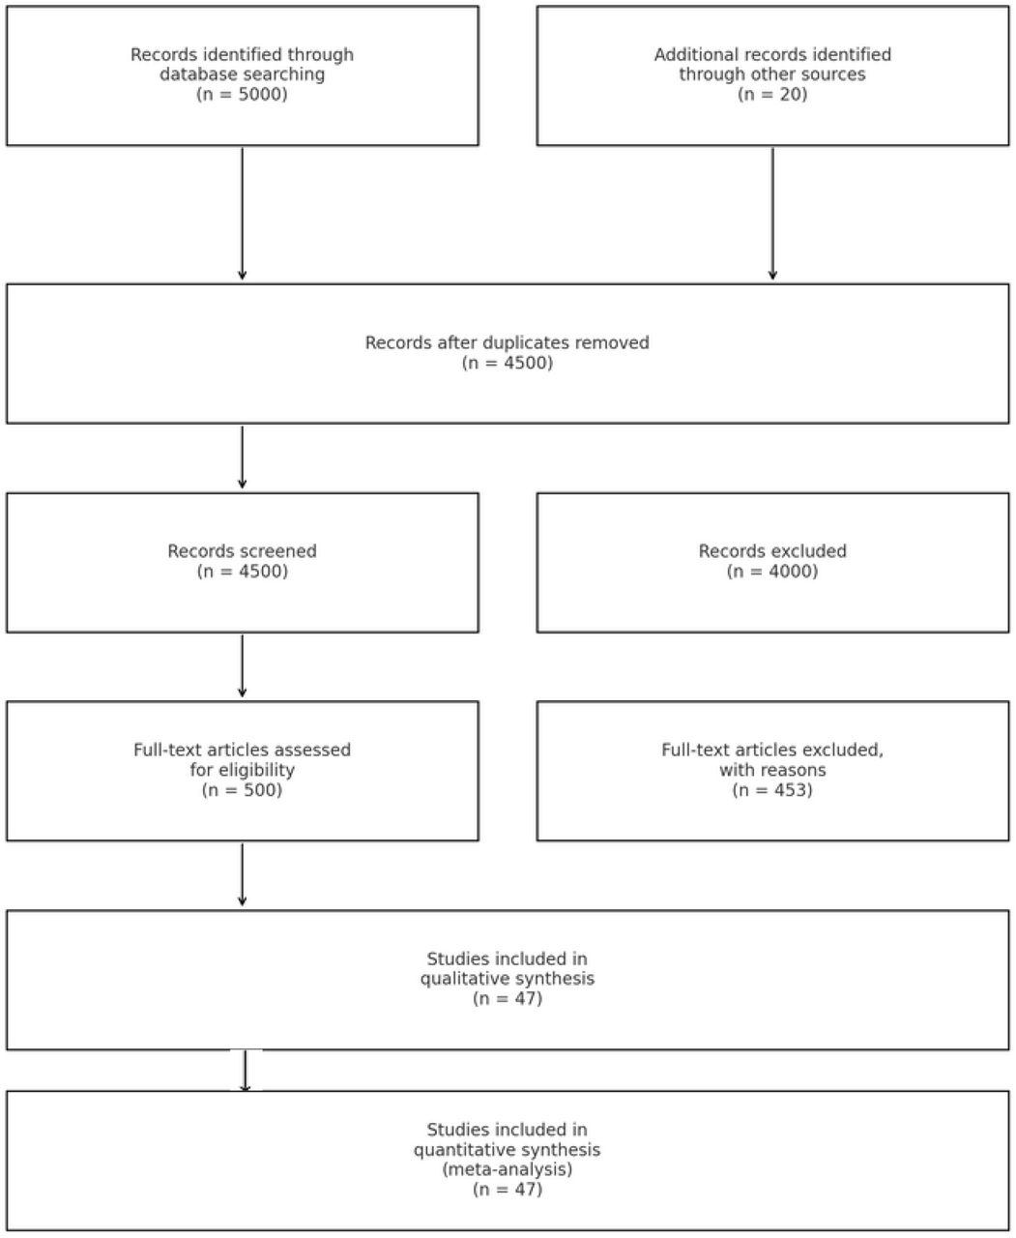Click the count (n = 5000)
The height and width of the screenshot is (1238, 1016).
(x=243, y=95)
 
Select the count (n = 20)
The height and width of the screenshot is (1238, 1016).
(x=772, y=95)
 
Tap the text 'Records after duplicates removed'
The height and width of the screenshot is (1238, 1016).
(x=508, y=342)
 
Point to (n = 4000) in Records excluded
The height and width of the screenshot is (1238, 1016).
(x=772, y=572)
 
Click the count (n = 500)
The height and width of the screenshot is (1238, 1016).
(x=243, y=790)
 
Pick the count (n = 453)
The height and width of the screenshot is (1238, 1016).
(x=772, y=790)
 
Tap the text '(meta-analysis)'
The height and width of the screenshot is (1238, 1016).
(x=508, y=1169)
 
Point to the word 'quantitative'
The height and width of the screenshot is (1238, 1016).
(x=459, y=1149)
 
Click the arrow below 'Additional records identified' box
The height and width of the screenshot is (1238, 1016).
(x=772, y=214)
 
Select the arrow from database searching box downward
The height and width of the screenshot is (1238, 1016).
(x=243, y=214)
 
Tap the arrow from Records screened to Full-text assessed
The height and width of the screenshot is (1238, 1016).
(x=243, y=666)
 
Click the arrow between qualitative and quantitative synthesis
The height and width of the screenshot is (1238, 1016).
(x=246, y=1072)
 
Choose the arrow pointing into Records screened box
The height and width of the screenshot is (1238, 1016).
(x=243, y=457)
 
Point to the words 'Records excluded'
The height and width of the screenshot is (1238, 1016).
(x=772, y=551)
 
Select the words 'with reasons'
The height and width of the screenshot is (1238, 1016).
(x=772, y=770)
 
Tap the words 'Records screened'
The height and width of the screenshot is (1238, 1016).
(x=243, y=551)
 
